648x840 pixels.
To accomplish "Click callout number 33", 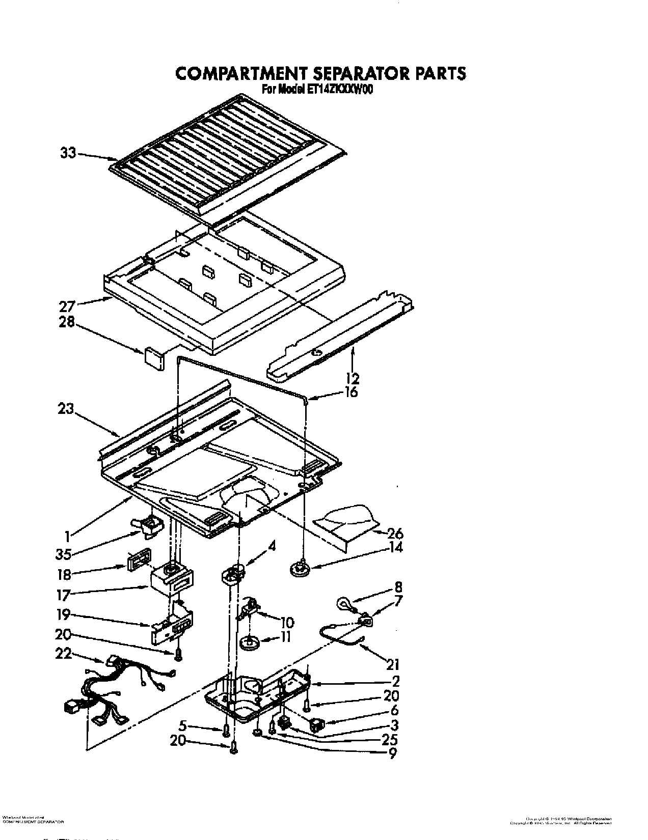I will point(68,153).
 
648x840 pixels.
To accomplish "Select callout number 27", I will point(67,306).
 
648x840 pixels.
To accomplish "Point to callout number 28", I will point(67,322).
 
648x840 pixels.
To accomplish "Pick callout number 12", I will point(352,378).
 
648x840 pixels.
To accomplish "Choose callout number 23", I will point(66,409).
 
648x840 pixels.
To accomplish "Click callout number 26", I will point(395,534).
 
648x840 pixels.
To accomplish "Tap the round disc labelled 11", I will point(250,643).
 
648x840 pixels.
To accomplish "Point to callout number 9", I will point(392,753).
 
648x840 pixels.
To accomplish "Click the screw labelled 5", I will point(226,731).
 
